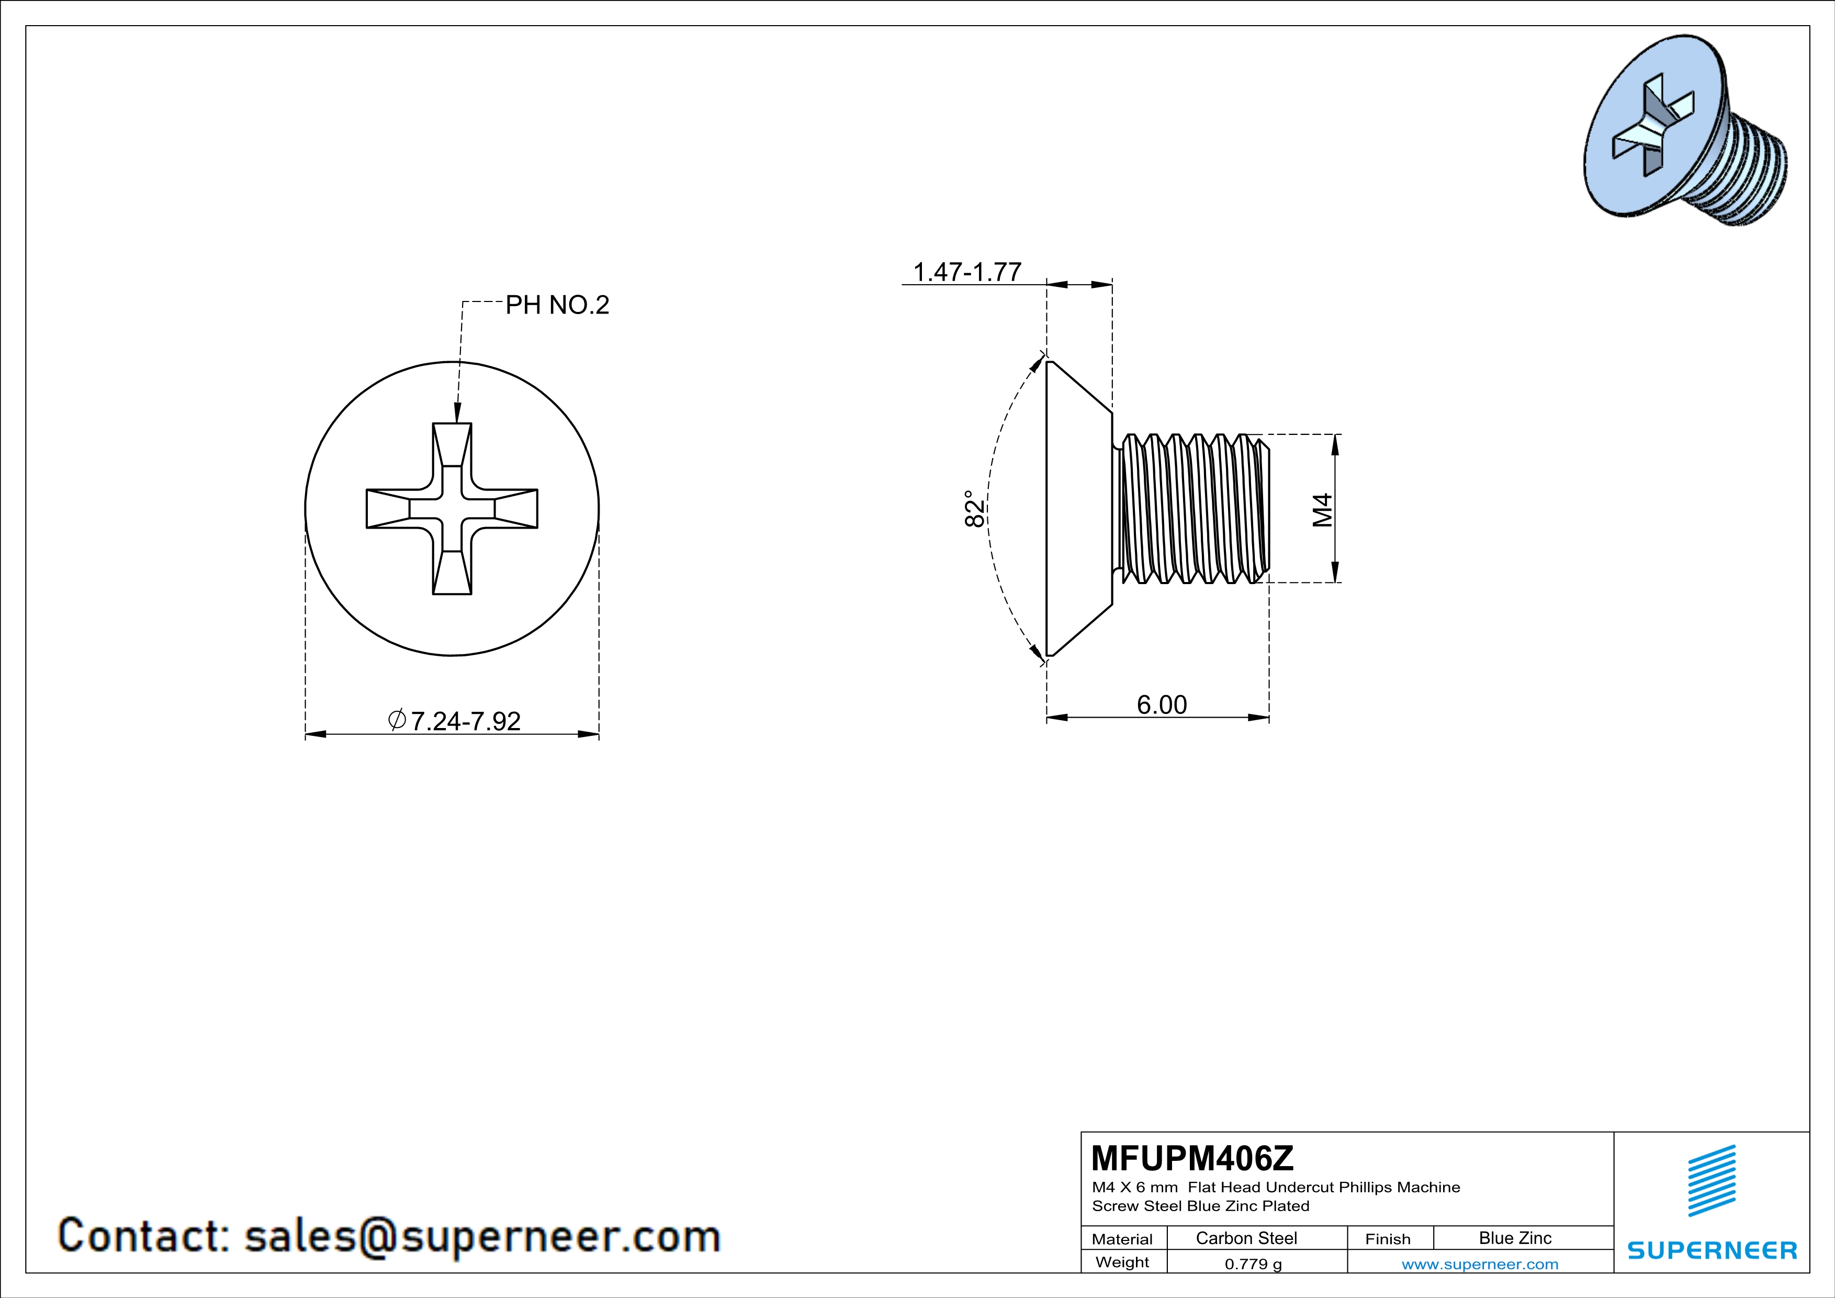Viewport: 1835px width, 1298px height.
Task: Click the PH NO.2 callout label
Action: [557, 305]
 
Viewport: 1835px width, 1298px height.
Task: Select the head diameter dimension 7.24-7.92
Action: [464, 721]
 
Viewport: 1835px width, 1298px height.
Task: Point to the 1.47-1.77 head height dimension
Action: [967, 272]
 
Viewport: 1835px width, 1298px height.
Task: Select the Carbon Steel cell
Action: [1246, 1238]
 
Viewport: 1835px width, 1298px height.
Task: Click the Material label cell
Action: [1122, 1239]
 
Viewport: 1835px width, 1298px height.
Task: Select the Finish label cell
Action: [1388, 1239]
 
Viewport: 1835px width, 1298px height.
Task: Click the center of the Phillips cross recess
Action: [452, 508]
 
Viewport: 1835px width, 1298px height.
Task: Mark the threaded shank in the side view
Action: [1195, 508]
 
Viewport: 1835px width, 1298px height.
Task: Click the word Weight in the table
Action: [1122, 1262]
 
